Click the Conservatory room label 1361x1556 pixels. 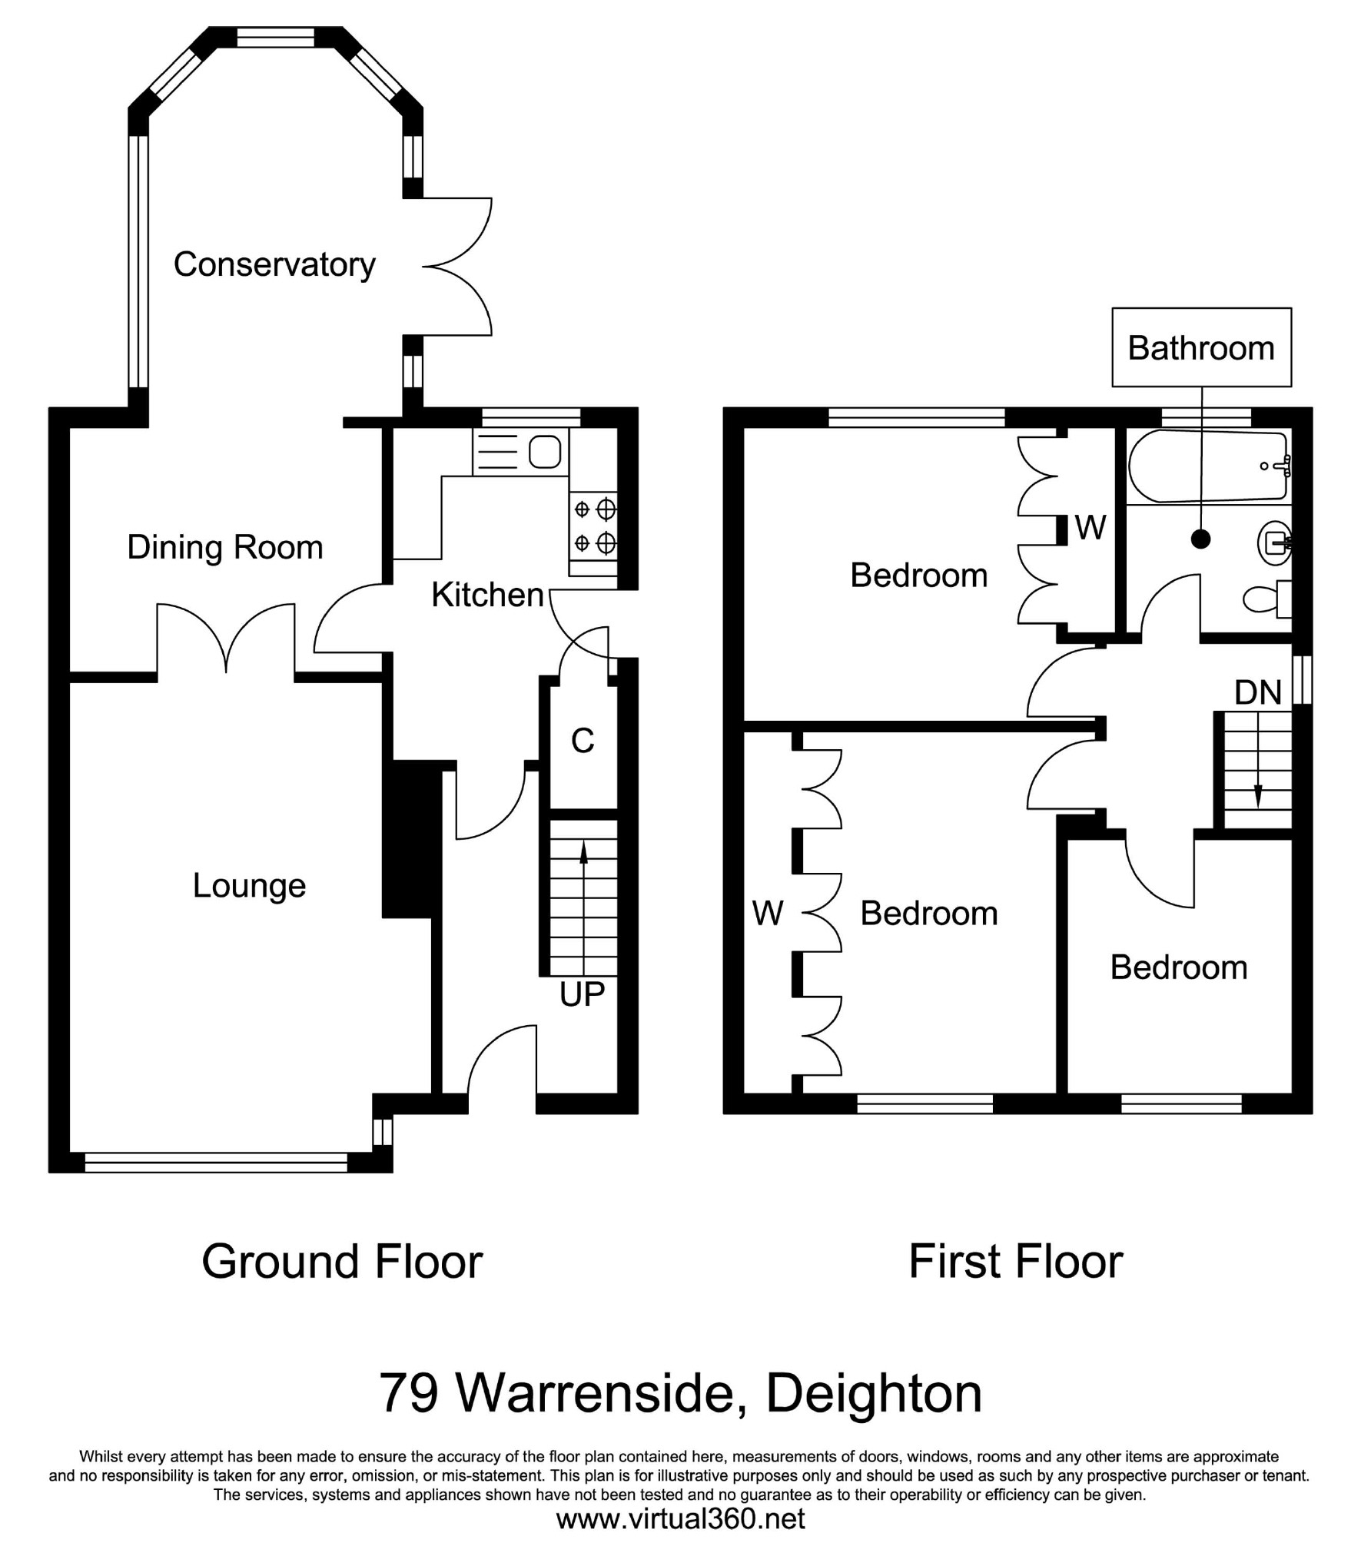tap(274, 264)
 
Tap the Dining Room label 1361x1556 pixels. tap(224, 547)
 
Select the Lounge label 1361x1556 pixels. tap(249, 885)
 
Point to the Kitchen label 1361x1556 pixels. tap(487, 595)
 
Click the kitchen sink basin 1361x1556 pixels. tap(544, 452)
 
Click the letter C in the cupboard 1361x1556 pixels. tap(583, 741)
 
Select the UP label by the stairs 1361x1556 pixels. tap(582, 994)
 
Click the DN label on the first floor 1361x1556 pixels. tap(1257, 692)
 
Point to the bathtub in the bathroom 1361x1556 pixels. tap(1207, 466)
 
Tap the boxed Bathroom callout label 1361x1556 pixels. tap(1200, 348)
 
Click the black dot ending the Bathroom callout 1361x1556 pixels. tap(1200, 539)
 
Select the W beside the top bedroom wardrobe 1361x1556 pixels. tap(1090, 527)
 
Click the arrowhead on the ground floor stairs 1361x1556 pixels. tap(583, 851)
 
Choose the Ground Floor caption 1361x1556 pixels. tap(342, 1261)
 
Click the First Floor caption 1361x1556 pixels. tap(1015, 1261)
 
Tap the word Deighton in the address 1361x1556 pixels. tap(874, 1393)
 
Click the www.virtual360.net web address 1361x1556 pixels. tap(680, 1518)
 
